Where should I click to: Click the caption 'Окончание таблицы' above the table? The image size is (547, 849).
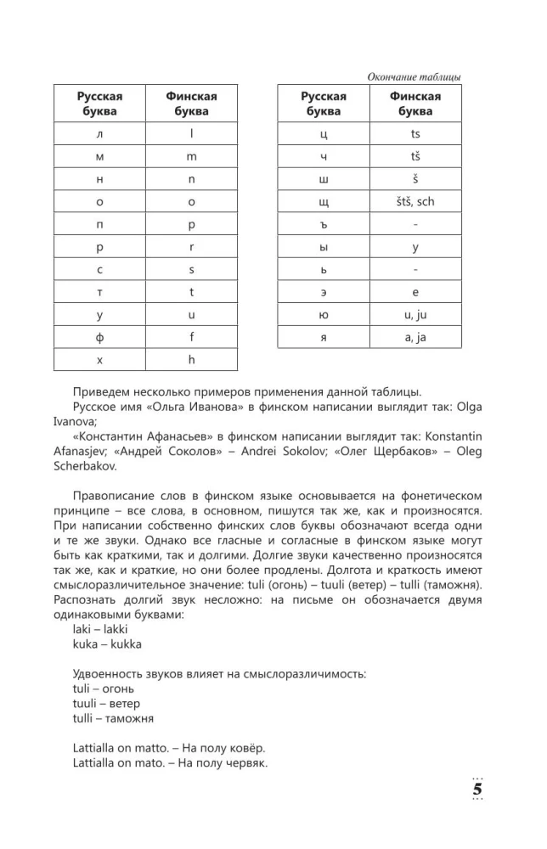414,77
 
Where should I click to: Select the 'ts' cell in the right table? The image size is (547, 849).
415,134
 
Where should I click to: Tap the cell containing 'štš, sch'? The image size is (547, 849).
415,202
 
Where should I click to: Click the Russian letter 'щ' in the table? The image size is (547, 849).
323,202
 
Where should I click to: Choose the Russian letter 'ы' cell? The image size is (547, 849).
323,247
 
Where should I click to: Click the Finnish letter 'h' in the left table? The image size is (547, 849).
191,359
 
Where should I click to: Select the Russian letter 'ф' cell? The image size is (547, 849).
99,336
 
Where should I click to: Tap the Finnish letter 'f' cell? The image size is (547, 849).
191,336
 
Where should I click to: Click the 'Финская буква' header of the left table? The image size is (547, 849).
191,104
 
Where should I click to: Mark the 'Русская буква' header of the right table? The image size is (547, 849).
323,104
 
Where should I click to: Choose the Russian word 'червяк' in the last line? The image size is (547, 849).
247,764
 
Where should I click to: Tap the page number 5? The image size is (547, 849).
477,788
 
